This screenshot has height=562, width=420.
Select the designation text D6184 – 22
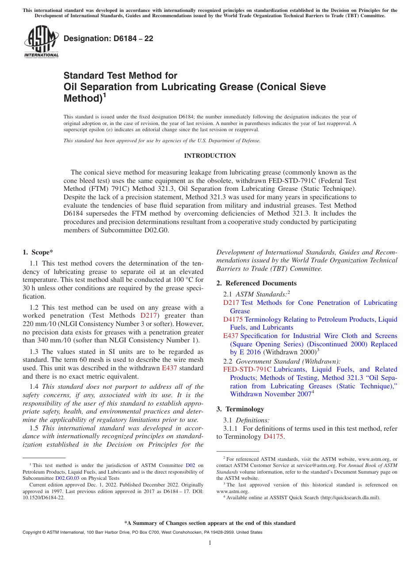tap(108, 38)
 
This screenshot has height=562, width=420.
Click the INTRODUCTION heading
tap(210, 156)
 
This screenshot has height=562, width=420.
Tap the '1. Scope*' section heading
tap(38, 252)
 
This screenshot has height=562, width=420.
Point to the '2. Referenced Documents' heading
tap(256, 283)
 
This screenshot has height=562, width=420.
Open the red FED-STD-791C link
tap(247, 369)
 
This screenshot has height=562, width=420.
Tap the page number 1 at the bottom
tap(210, 543)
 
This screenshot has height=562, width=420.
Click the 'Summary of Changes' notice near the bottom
tap(210, 523)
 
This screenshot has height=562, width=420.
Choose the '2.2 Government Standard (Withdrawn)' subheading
tap(282, 361)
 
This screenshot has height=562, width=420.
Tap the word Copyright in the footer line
tap(33, 532)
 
